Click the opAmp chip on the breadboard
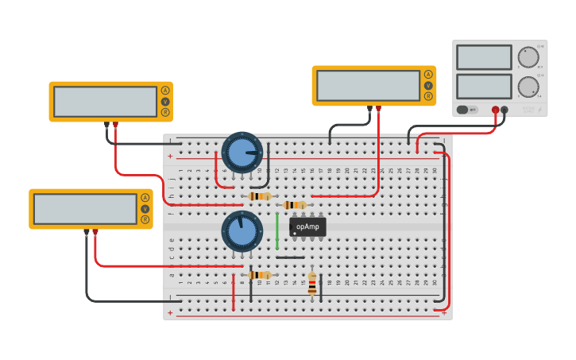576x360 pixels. click(307, 226)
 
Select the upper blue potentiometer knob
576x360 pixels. click(242, 152)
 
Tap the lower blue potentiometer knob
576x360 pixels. click(242, 231)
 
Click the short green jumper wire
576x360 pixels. click(277, 231)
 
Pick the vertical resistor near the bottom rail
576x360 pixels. click(312, 284)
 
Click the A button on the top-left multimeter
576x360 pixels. click(165, 91)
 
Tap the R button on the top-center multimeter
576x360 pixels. click(428, 96)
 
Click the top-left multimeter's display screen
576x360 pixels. click(105, 102)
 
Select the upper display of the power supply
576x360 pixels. click(484, 57)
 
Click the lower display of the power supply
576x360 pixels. click(484, 86)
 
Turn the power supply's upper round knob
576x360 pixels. click(528, 57)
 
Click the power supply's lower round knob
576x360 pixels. click(528, 86)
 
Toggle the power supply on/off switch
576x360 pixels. click(462, 110)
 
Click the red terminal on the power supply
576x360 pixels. click(495, 110)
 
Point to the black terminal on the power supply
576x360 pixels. click(504, 110)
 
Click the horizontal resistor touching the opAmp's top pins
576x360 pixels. click(295, 205)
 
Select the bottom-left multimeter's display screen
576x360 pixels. click(85, 209)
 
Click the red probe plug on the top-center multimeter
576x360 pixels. click(379, 108)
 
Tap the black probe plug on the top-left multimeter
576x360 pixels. click(106, 125)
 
